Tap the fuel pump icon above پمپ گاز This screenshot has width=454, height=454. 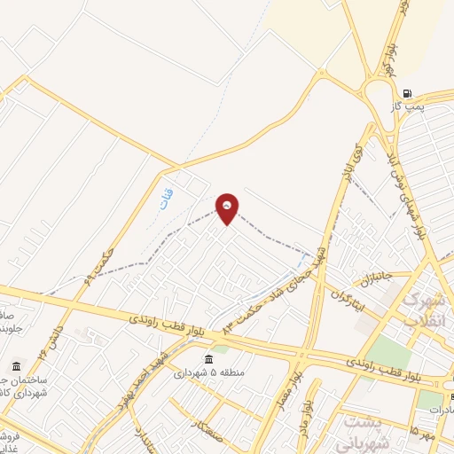[407, 93]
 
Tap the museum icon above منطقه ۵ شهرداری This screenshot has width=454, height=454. [208, 359]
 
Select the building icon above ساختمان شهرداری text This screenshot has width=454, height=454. [17, 367]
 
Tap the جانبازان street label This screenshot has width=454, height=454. [381, 277]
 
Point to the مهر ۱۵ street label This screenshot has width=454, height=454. [420, 433]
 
